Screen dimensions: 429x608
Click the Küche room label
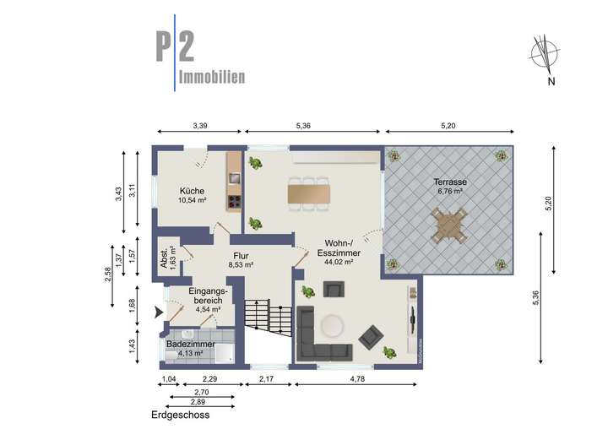[192, 190]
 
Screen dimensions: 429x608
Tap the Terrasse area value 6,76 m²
[451, 192]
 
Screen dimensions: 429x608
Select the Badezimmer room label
[190, 345]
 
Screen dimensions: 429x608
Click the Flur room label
[241, 254]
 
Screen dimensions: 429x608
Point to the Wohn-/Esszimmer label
[335, 247]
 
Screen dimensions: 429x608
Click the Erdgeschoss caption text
[180, 415]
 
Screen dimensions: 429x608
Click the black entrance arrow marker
[157, 312]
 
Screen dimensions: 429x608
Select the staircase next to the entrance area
[260, 318]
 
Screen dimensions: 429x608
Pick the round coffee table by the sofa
[330, 324]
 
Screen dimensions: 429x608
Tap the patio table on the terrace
[449, 226]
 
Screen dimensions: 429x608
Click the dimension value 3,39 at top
[199, 126]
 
